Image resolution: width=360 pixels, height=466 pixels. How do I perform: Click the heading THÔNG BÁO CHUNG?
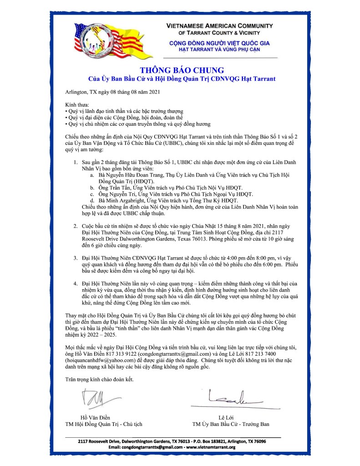click(182, 70)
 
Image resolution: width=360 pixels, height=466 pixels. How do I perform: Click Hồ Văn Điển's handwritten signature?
click(96, 399)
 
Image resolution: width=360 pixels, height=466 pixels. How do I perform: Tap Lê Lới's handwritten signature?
click(229, 396)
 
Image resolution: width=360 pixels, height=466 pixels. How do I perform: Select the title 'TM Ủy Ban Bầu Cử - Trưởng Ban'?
click(231, 424)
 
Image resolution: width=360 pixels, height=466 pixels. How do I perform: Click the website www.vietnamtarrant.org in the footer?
click(210, 447)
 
